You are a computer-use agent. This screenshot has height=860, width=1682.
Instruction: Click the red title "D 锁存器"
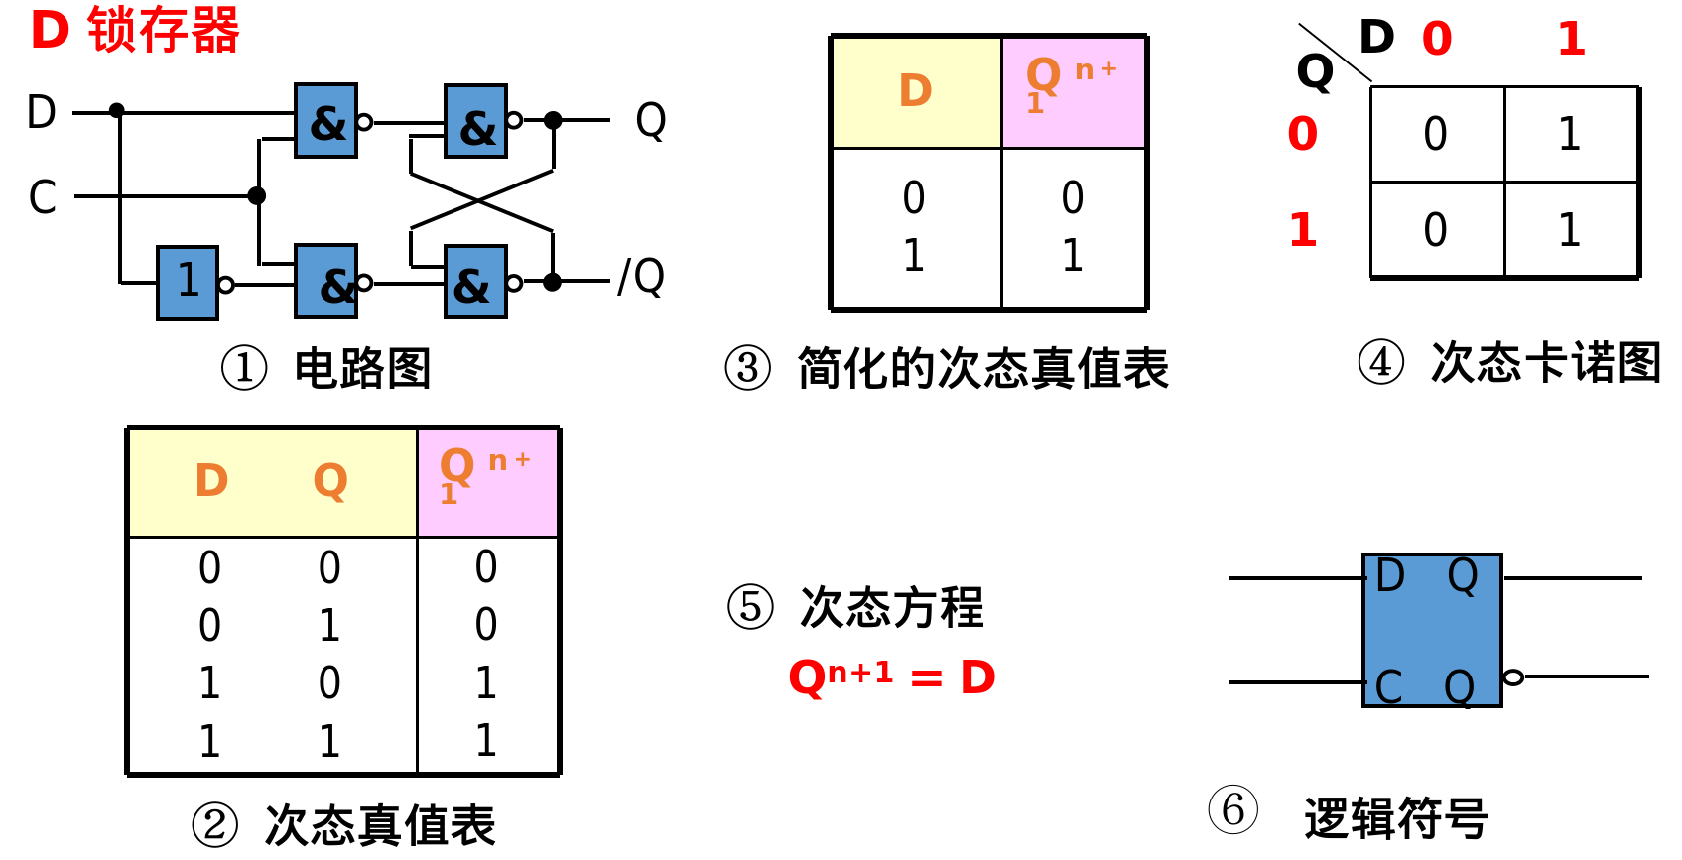click(x=135, y=30)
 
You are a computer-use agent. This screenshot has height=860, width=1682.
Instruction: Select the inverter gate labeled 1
click(x=188, y=283)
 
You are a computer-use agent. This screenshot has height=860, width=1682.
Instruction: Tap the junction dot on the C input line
click(x=257, y=195)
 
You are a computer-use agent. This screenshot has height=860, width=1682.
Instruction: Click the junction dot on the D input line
click(x=117, y=110)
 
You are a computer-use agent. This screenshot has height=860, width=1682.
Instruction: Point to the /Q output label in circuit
click(x=641, y=277)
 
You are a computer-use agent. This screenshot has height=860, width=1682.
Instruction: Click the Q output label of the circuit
click(x=651, y=120)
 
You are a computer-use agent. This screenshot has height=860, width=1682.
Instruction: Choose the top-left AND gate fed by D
click(x=326, y=121)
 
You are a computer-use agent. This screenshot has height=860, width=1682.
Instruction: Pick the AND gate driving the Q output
click(x=476, y=122)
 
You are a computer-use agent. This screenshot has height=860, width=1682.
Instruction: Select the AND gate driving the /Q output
click(x=476, y=283)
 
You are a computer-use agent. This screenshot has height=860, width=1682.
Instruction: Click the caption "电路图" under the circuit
click(x=362, y=368)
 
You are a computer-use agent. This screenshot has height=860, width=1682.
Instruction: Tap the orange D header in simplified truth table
click(x=915, y=91)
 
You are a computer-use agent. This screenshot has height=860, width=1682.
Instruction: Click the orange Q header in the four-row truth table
click(x=330, y=481)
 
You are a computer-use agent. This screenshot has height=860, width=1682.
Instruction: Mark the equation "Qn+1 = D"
click(x=891, y=677)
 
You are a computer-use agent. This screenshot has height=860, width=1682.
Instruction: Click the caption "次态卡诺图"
click(x=1545, y=362)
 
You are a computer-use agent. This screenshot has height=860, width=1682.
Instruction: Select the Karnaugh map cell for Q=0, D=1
click(x=1570, y=134)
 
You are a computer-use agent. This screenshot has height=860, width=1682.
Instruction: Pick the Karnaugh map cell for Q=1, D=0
click(x=1436, y=230)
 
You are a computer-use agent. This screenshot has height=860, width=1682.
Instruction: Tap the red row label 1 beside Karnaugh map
click(x=1303, y=230)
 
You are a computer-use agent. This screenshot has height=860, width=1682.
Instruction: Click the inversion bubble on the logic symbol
click(x=1513, y=677)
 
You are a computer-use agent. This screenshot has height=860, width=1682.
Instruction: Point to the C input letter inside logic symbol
click(x=1389, y=686)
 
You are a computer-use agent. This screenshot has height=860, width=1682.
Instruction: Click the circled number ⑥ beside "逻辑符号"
click(x=1233, y=809)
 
